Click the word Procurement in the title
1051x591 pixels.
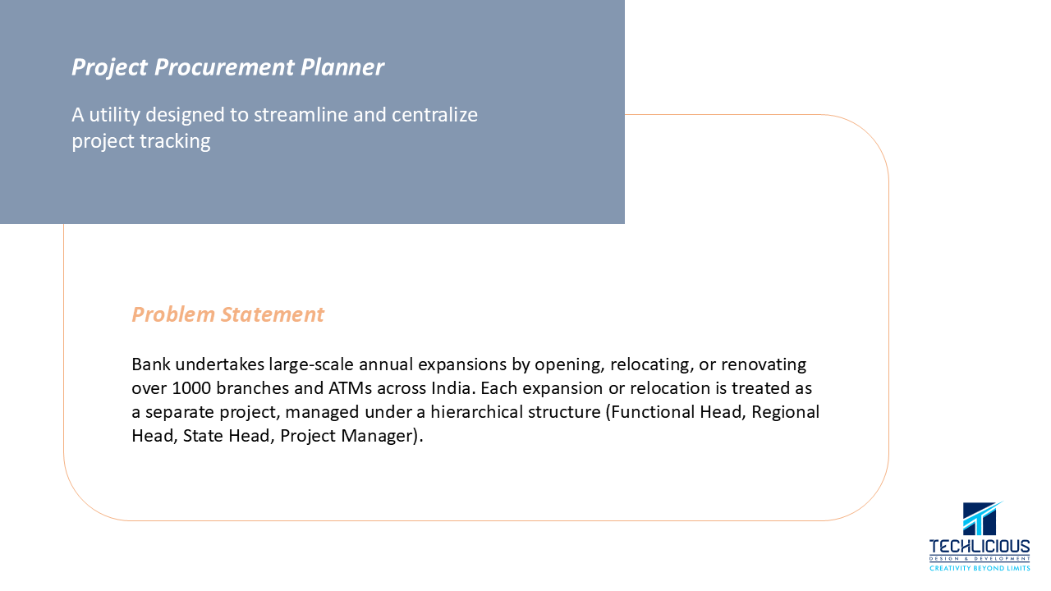coord(224,67)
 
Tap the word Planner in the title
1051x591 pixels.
coord(342,66)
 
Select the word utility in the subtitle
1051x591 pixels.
coord(114,115)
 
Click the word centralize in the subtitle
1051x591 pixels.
coord(434,115)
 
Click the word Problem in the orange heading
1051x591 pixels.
coord(173,314)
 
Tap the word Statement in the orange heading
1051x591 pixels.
coord(272,314)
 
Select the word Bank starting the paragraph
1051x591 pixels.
coord(151,364)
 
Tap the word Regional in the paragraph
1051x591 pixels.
coord(785,412)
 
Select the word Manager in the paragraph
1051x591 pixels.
coord(379,436)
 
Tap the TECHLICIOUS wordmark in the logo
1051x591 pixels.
coord(980,547)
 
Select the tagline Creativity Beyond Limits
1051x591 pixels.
coord(980,568)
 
